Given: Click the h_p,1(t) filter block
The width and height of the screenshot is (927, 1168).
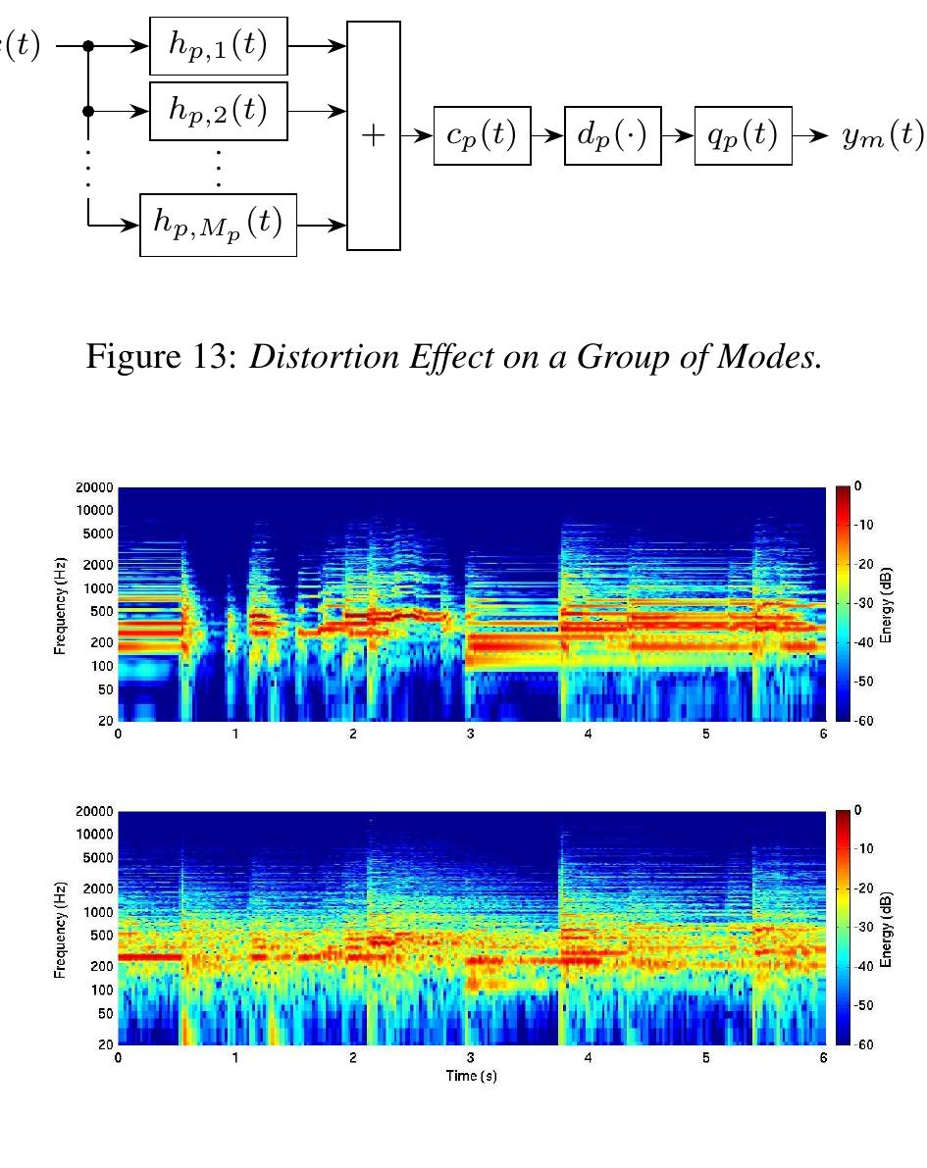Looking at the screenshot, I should tap(218, 46).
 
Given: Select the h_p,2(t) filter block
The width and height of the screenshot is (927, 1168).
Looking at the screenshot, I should tap(218, 111).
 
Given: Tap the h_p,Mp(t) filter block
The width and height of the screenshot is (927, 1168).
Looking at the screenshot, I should tap(218, 225).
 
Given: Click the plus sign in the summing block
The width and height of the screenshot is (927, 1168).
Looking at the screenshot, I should tap(374, 136).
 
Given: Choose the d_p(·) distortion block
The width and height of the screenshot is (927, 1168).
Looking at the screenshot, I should tap(613, 136).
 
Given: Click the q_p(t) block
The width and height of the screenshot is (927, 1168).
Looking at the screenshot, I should tap(743, 136).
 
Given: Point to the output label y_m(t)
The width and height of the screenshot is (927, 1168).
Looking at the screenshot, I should tap(882, 136).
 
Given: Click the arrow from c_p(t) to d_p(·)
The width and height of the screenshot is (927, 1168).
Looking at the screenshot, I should tap(548, 136).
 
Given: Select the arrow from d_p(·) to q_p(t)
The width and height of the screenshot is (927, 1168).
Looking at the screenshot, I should tap(678, 136).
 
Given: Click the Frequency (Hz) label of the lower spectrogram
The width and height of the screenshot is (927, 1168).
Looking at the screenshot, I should tap(61, 928).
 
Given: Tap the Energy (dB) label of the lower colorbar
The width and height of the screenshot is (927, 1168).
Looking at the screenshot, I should tap(886, 928).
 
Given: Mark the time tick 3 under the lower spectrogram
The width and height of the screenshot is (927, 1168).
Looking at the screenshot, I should tap(471, 1058).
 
